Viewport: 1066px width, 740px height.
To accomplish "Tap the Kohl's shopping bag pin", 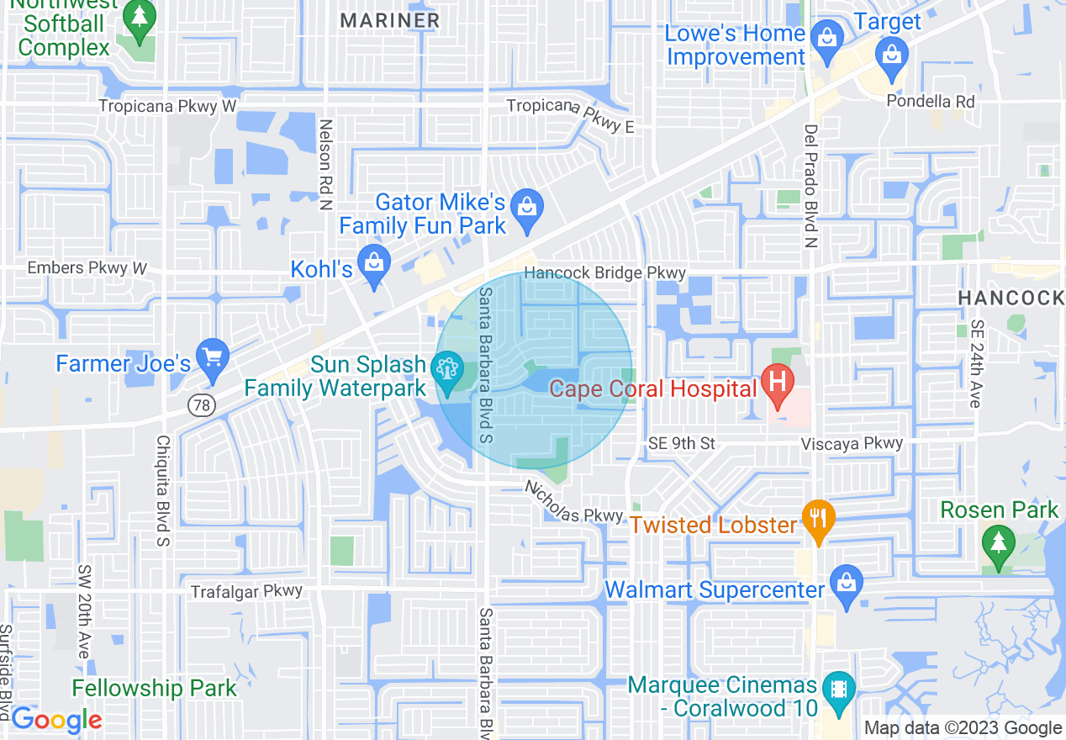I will [373, 265].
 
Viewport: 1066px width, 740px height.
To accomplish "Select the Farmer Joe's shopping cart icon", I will [212, 358].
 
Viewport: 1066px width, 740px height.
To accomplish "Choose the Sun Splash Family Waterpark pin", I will [446, 370].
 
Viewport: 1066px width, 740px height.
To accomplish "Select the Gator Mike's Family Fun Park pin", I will [528, 208].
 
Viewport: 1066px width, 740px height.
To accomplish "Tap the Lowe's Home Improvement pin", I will [827, 40].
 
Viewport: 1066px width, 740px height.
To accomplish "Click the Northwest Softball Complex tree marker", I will [139, 18].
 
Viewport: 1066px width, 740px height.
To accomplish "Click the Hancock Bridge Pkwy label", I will [605, 273].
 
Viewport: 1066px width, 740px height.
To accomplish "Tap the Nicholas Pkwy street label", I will [573, 503].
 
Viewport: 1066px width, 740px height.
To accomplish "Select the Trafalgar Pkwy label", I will [246, 591].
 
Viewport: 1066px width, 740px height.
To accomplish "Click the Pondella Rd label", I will [931, 101].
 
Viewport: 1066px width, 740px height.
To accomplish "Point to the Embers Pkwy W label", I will [87, 267].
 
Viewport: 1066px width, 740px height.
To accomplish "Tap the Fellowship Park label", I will [154, 689].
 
